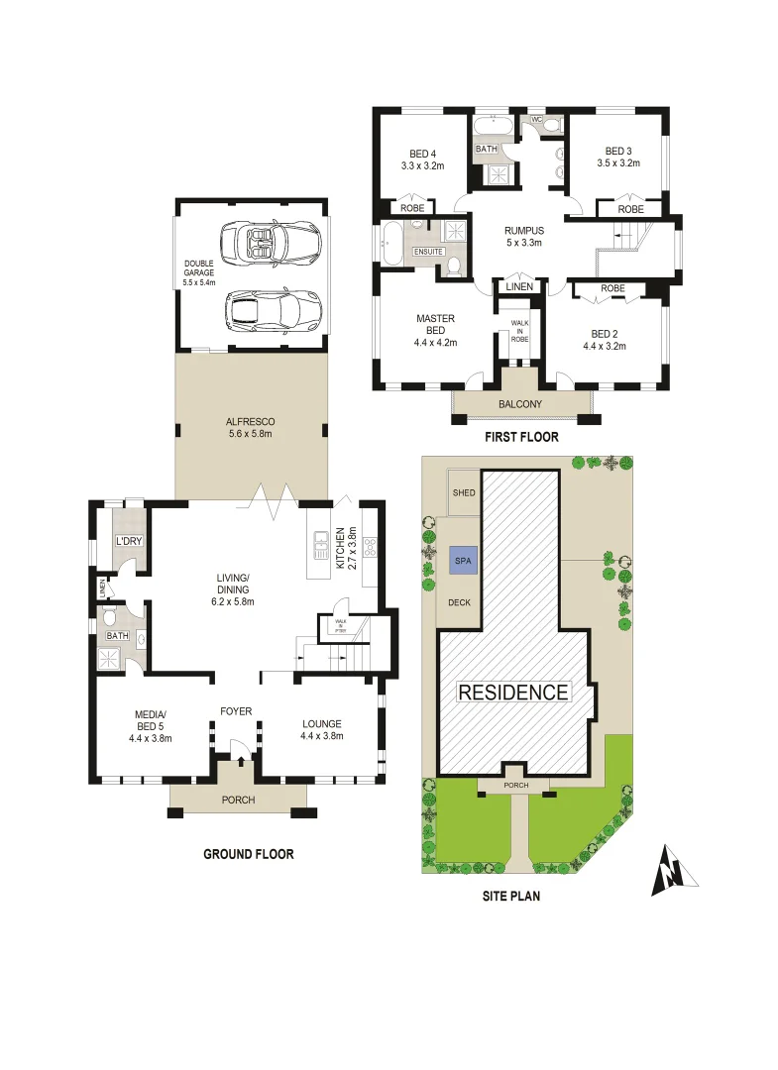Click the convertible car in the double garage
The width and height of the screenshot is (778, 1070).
(x=271, y=242)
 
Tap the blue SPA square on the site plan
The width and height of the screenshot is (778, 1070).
(x=461, y=560)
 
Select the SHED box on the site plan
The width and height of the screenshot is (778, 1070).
(x=463, y=492)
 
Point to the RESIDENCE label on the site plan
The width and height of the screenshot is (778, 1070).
(x=513, y=693)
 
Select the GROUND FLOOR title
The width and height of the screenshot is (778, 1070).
(x=249, y=854)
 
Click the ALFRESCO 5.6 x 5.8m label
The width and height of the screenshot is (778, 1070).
(x=251, y=427)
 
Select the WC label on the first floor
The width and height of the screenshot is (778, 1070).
(x=536, y=120)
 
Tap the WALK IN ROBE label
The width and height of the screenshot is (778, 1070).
(x=519, y=331)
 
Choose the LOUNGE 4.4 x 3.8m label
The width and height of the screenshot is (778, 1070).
(x=321, y=730)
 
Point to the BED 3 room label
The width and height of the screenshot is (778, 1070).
(x=623, y=158)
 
